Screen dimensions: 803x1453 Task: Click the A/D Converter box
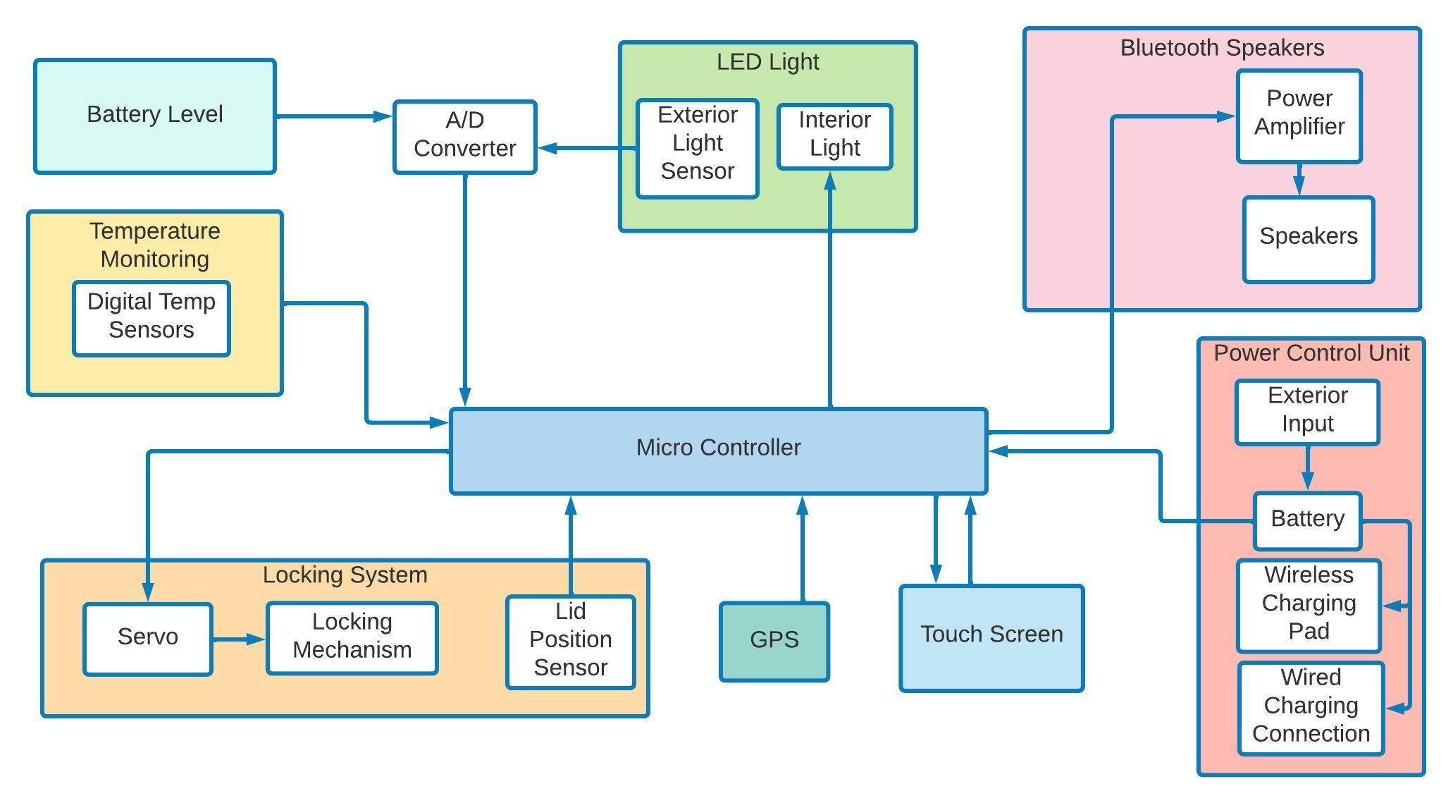tap(464, 137)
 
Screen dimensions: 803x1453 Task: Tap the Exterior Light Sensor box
tap(697, 149)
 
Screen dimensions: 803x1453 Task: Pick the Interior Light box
tap(834, 137)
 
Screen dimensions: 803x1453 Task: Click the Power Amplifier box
tap(1299, 116)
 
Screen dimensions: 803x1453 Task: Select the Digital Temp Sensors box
tap(152, 319)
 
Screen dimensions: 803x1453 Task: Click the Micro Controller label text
tap(718, 448)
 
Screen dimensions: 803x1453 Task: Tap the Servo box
tap(148, 639)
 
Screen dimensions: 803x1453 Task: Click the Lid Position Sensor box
tap(570, 642)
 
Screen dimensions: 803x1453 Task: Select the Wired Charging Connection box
tap(1311, 708)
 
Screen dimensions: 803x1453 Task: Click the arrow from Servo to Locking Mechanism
tap(239, 639)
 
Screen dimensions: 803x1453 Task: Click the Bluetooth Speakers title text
tap(1222, 48)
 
